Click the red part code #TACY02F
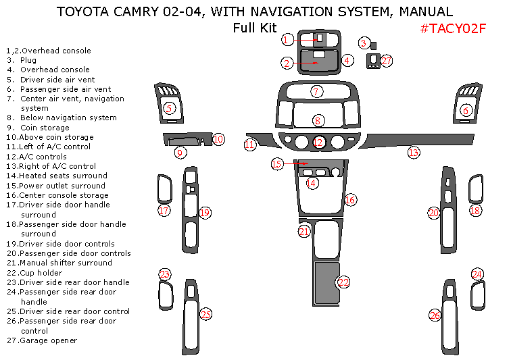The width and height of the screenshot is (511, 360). click(453, 28)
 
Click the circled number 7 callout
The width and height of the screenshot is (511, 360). click(316, 91)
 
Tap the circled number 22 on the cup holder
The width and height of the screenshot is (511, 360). click(343, 282)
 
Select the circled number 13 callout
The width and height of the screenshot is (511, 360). click(414, 153)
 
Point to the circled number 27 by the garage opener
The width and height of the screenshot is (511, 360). click(387, 61)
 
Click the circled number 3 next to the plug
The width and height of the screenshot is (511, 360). click(364, 43)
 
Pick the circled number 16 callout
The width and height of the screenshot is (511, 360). click(349, 200)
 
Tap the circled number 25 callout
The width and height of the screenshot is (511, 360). click(205, 314)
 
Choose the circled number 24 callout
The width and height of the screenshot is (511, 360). click(477, 274)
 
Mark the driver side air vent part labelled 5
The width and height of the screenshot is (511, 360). click(168, 101)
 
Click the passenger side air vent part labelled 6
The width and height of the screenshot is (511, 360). click(466, 101)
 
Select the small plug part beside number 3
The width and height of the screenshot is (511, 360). click(373, 45)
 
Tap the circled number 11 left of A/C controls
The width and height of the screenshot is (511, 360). click(250, 145)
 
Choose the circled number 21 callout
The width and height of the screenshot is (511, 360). click(303, 232)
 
